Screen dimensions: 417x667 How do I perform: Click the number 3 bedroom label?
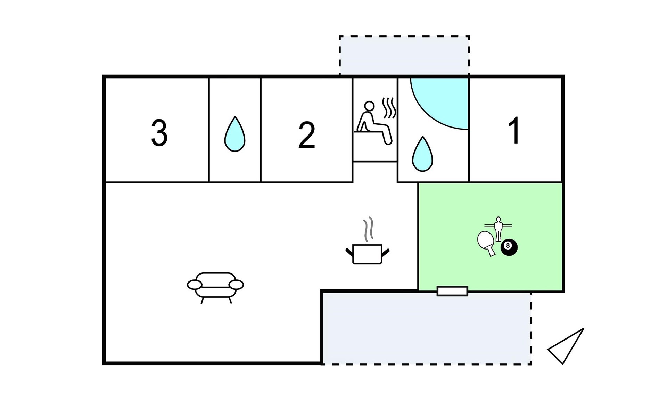pyautogui.click(x=159, y=133)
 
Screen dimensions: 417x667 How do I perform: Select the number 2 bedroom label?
pyautogui.click(x=306, y=136)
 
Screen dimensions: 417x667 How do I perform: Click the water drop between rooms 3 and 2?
pyautogui.click(x=235, y=135)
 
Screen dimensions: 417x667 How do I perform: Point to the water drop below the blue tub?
pyautogui.click(x=422, y=155)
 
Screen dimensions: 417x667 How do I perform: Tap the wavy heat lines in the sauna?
pyautogui.click(x=389, y=108)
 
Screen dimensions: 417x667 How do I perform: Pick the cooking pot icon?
pyautogui.click(x=367, y=254)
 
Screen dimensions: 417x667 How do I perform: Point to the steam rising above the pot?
pyautogui.click(x=368, y=229)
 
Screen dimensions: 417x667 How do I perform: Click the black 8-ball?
pyautogui.click(x=509, y=247)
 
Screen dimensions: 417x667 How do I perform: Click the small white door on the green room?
pyautogui.click(x=452, y=291)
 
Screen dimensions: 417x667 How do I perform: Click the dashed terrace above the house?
pyautogui.click(x=404, y=55)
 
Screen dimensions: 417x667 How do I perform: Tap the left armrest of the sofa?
pyautogui.click(x=194, y=285)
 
